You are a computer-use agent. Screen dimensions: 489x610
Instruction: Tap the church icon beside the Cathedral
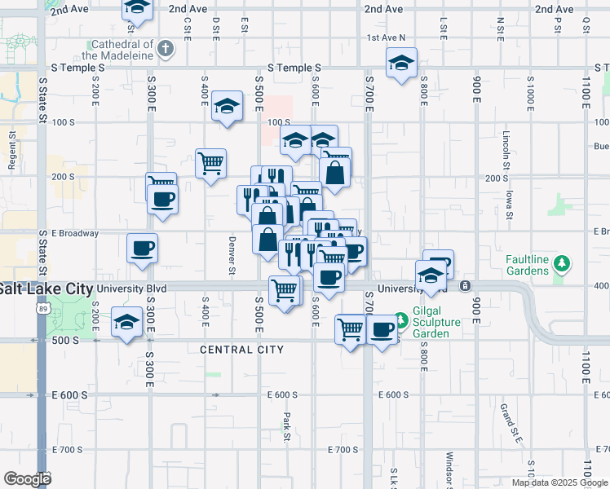pos(166,48)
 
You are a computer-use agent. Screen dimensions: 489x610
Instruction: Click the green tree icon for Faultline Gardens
pos(561,263)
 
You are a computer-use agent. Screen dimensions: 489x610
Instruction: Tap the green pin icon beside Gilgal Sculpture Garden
pos(400,318)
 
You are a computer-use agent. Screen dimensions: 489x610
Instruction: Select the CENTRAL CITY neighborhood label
pos(242,350)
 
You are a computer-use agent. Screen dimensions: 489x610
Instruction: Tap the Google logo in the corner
pos(27,479)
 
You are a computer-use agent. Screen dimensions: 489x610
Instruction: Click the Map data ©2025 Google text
pos(559,482)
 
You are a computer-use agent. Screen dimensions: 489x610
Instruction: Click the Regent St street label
pos(12,152)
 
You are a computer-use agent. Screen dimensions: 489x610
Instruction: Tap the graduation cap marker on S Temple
pos(401,63)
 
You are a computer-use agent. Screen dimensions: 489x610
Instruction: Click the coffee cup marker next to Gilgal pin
pos(382,329)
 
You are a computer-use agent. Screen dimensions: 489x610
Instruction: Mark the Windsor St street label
pos(449,469)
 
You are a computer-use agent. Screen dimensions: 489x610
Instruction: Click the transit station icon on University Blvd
pos(464,285)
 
